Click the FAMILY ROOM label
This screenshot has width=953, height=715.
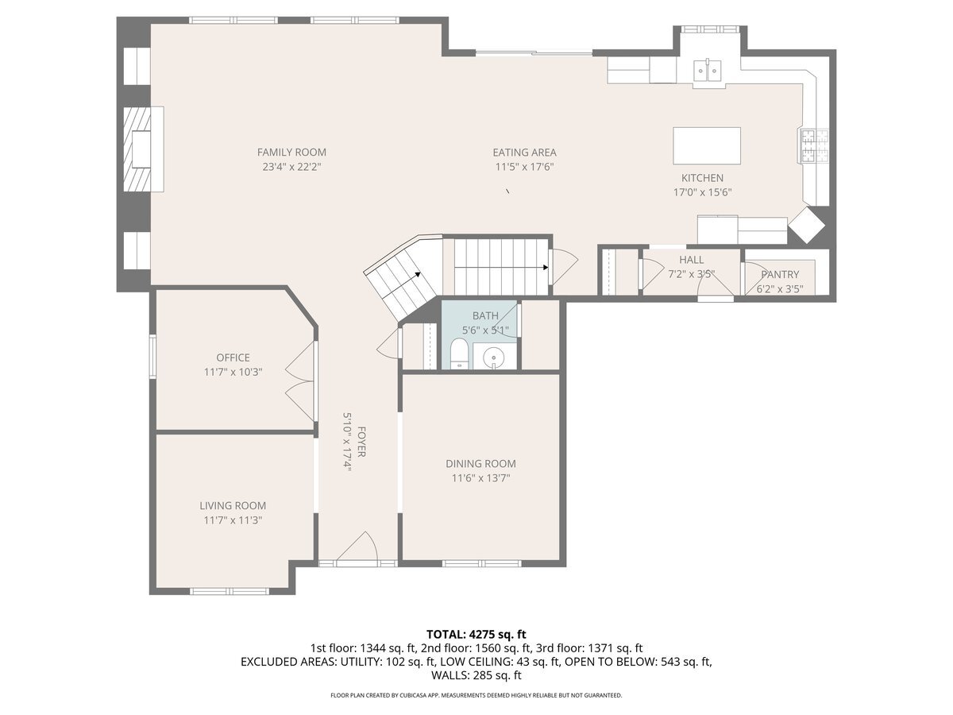pos(291,153)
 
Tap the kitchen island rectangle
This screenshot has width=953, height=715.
pos(706,146)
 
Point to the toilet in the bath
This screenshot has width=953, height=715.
pos(458,354)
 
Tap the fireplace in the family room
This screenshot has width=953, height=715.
pos(137,149)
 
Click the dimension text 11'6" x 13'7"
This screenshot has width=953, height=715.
pos(480,478)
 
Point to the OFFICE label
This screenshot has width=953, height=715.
pos(233,357)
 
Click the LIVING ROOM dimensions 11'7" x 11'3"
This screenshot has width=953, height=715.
pos(233,520)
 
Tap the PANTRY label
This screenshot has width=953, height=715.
pos(780,274)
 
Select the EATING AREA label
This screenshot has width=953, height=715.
pos(524,153)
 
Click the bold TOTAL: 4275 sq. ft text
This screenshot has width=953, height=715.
pos(476,634)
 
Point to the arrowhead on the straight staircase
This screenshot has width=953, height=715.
pos(545,268)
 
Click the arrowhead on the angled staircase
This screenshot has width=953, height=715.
pos(418,274)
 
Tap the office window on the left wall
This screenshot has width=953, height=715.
pos(152,356)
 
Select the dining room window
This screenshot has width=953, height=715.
pos(481,563)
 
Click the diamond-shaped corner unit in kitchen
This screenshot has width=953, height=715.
pos(806,225)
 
